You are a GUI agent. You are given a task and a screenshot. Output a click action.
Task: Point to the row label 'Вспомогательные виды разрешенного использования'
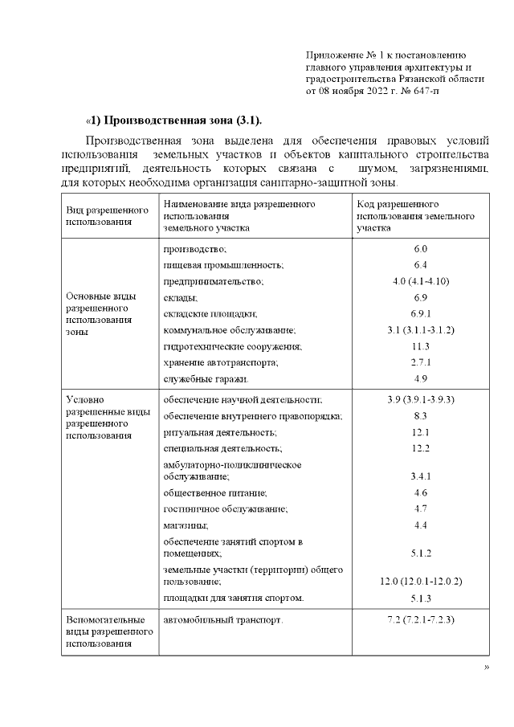[106, 631]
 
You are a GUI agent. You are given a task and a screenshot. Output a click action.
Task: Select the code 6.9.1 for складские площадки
[420, 314]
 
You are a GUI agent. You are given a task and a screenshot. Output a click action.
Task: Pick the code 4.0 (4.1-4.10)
[420, 281]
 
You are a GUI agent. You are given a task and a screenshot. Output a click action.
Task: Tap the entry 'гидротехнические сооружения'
[232, 346]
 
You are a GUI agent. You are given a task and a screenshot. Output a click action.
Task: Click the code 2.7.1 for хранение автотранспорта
[420, 362]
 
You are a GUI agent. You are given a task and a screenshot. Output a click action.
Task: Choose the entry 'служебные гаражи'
[206, 378]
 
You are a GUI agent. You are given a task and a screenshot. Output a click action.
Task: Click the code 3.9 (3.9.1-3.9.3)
[420, 399]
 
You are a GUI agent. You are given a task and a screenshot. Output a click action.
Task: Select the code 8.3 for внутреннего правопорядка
[420, 415]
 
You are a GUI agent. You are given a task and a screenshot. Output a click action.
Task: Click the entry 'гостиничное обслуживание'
[225, 509]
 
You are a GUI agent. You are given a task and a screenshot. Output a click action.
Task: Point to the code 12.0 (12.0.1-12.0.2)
[420, 580]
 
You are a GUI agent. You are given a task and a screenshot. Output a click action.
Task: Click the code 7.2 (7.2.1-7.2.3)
[420, 620]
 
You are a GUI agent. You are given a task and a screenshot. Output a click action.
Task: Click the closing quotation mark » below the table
[486, 668]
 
